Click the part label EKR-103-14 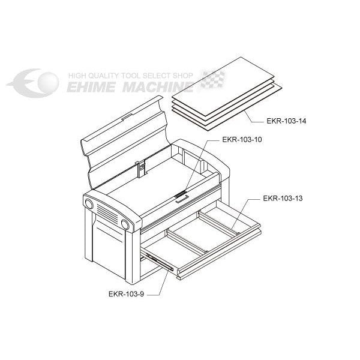click(x=286, y=121)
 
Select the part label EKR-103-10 click(x=242, y=140)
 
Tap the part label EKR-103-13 click(x=283, y=198)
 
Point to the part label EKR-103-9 click(x=126, y=294)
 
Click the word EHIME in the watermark click(x=91, y=87)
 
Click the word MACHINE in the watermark click(x=158, y=87)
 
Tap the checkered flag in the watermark click(x=213, y=79)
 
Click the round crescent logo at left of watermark click(x=34, y=83)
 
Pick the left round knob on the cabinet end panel click(x=88, y=203)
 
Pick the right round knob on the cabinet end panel click(x=125, y=224)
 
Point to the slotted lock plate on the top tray click(x=181, y=194)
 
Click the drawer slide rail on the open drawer click(x=160, y=262)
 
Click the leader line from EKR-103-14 click(x=254, y=116)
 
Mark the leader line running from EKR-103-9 click(x=157, y=283)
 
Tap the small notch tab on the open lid click(x=127, y=117)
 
